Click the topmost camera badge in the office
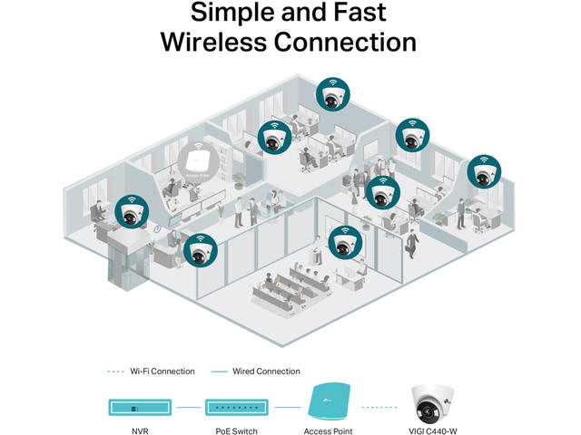333,94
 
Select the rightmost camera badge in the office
483,172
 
